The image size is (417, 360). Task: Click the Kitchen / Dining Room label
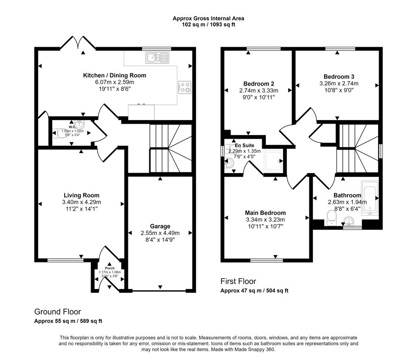tap(115, 76)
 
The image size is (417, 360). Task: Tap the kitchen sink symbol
tap(157, 58)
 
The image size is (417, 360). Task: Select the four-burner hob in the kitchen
tap(185, 87)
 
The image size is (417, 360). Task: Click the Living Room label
tap(82, 196)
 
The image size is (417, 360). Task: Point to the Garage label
tap(160, 226)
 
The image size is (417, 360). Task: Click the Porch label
tap(110, 268)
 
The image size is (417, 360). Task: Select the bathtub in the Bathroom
tap(370, 198)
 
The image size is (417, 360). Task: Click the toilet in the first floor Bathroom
tap(331, 218)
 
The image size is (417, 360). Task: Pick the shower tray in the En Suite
tap(274, 161)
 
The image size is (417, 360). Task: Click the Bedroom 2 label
tap(259, 84)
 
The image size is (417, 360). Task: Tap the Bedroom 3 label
tap(339, 77)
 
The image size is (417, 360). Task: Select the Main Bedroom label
tap(265, 213)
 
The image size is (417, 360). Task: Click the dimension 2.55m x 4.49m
tap(160, 233)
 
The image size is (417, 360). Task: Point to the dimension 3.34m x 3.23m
tap(265, 220)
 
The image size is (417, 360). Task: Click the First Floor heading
tap(238, 281)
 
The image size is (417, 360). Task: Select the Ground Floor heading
tap(57, 311)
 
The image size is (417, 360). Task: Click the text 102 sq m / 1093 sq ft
tap(208, 25)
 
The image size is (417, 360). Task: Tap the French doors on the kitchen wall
tap(78, 43)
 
